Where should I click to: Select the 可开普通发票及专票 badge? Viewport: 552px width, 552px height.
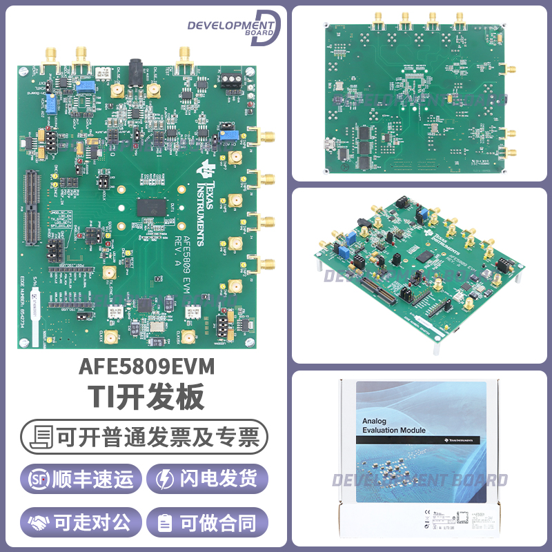[144, 436]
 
